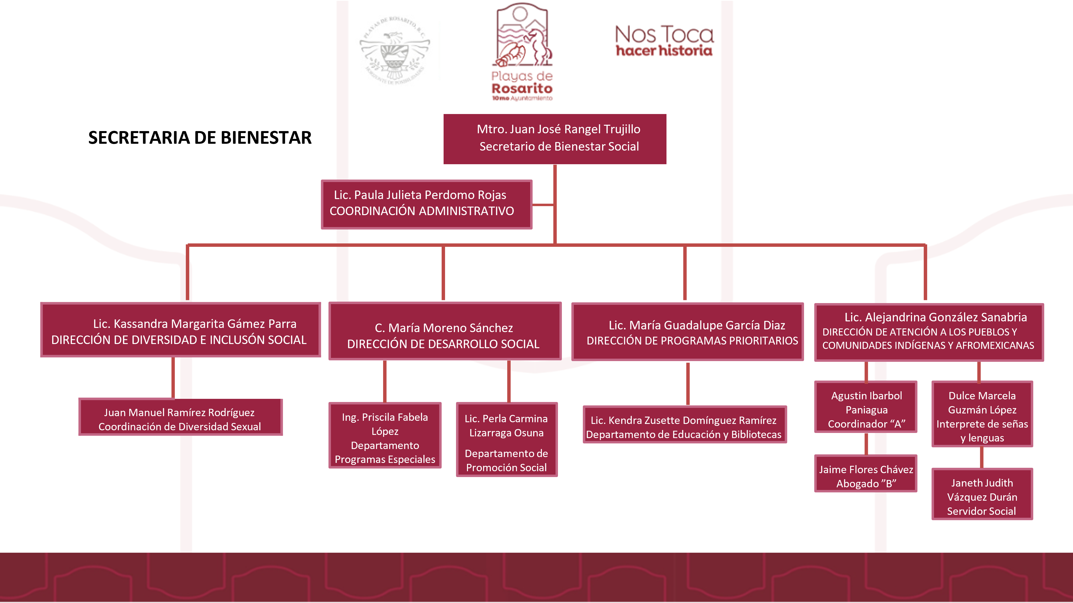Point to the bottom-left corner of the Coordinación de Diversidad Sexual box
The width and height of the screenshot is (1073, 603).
pyautogui.click(x=79, y=435)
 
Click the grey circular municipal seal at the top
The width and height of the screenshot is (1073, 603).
pyautogui.click(x=395, y=50)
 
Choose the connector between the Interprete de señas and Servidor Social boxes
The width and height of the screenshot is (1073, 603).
pyautogui.click(x=982, y=458)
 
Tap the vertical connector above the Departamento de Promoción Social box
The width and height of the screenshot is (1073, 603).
pyautogui.click(x=509, y=381)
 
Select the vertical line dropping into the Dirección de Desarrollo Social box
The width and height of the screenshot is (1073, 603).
pyautogui.click(x=443, y=273)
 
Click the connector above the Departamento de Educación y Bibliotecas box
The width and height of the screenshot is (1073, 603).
pyautogui.click(x=688, y=384)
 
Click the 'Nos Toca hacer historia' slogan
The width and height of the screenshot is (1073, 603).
pyautogui.click(x=664, y=41)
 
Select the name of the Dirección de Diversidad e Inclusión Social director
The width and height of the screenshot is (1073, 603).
pyautogui.click(x=195, y=324)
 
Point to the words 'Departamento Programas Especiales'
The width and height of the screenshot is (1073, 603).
pyautogui.click(x=385, y=452)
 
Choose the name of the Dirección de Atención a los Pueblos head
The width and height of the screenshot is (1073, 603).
pyautogui.click(x=935, y=317)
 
